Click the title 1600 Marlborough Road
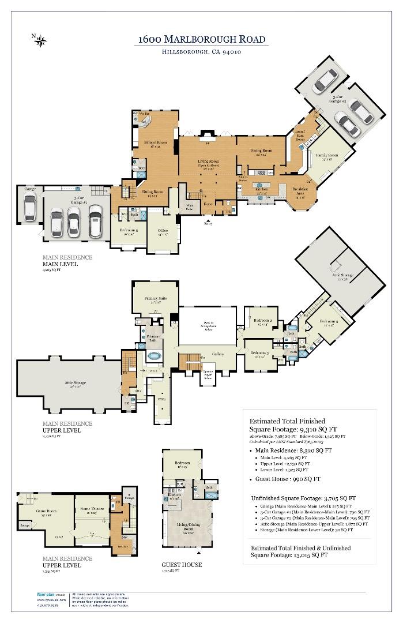click(202, 39)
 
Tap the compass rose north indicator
click(41, 39)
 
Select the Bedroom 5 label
click(129, 231)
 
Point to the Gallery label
click(218, 354)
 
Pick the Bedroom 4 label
click(329, 321)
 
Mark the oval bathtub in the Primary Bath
click(154, 357)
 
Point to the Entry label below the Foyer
click(208, 223)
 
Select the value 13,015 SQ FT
click(309, 555)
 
